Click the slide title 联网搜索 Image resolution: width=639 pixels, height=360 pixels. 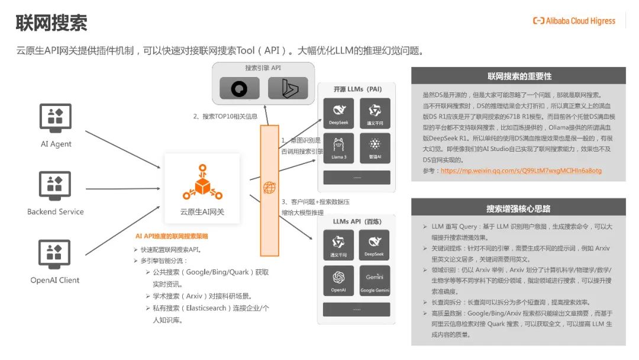(x=51, y=23)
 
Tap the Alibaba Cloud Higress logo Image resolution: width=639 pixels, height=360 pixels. (x=573, y=21)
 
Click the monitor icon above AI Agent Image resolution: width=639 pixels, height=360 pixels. (x=56, y=117)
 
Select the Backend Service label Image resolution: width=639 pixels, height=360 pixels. (x=56, y=211)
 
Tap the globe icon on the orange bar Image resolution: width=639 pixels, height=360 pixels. (x=269, y=188)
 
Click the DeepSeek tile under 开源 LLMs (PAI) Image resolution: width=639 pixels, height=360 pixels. (x=339, y=113)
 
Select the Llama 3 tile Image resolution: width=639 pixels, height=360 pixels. (x=339, y=148)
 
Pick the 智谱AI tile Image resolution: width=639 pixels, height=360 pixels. (x=375, y=148)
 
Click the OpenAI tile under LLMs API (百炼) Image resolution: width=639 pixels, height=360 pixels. (x=339, y=280)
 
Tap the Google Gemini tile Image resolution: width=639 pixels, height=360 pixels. (x=375, y=280)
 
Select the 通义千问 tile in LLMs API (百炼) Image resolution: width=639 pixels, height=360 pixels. (x=339, y=245)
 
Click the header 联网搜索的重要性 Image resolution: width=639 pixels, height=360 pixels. (x=519, y=76)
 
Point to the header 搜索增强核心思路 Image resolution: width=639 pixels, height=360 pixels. (x=519, y=208)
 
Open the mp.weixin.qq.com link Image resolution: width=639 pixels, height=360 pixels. (x=521, y=171)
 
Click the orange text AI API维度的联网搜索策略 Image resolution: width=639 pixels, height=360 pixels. (x=172, y=236)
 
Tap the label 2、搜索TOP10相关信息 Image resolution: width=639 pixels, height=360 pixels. (x=225, y=117)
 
